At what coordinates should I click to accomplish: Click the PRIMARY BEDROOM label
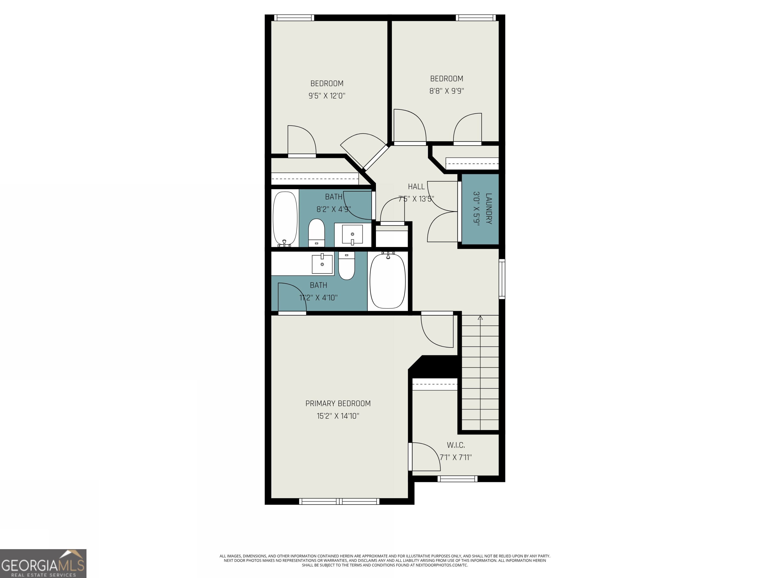pyautogui.click(x=338, y=403)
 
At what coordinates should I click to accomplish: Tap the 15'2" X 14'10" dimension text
pyautogui.click(x=338, y=416)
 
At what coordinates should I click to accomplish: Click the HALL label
pyautogui.click(x=416, y=186)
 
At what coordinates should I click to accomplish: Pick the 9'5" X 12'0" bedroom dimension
pyautogui.click(x=327, y=96)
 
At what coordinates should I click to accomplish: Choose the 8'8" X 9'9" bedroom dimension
pyautogui.click(x=447, y=91)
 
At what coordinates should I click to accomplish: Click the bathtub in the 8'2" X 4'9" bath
pyautogui.click(x=285, y=219)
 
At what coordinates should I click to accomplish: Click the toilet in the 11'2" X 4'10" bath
pyautogui.click(x=346, y=266)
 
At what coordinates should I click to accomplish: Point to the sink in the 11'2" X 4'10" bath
pyautogui.click(x=322, y=264)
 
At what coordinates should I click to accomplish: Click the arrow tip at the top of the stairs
pyautogui.click(x=480, y=317)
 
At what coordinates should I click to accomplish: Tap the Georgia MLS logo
pyautogui.click(x=43, y=563)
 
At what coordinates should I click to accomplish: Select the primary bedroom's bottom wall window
pyautogui.click(x=339, y=501)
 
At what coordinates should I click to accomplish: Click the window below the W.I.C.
pyautogui.click(x=457, y=479)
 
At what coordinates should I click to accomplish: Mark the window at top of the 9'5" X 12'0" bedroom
pyautogui.click(x=294, y=18)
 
